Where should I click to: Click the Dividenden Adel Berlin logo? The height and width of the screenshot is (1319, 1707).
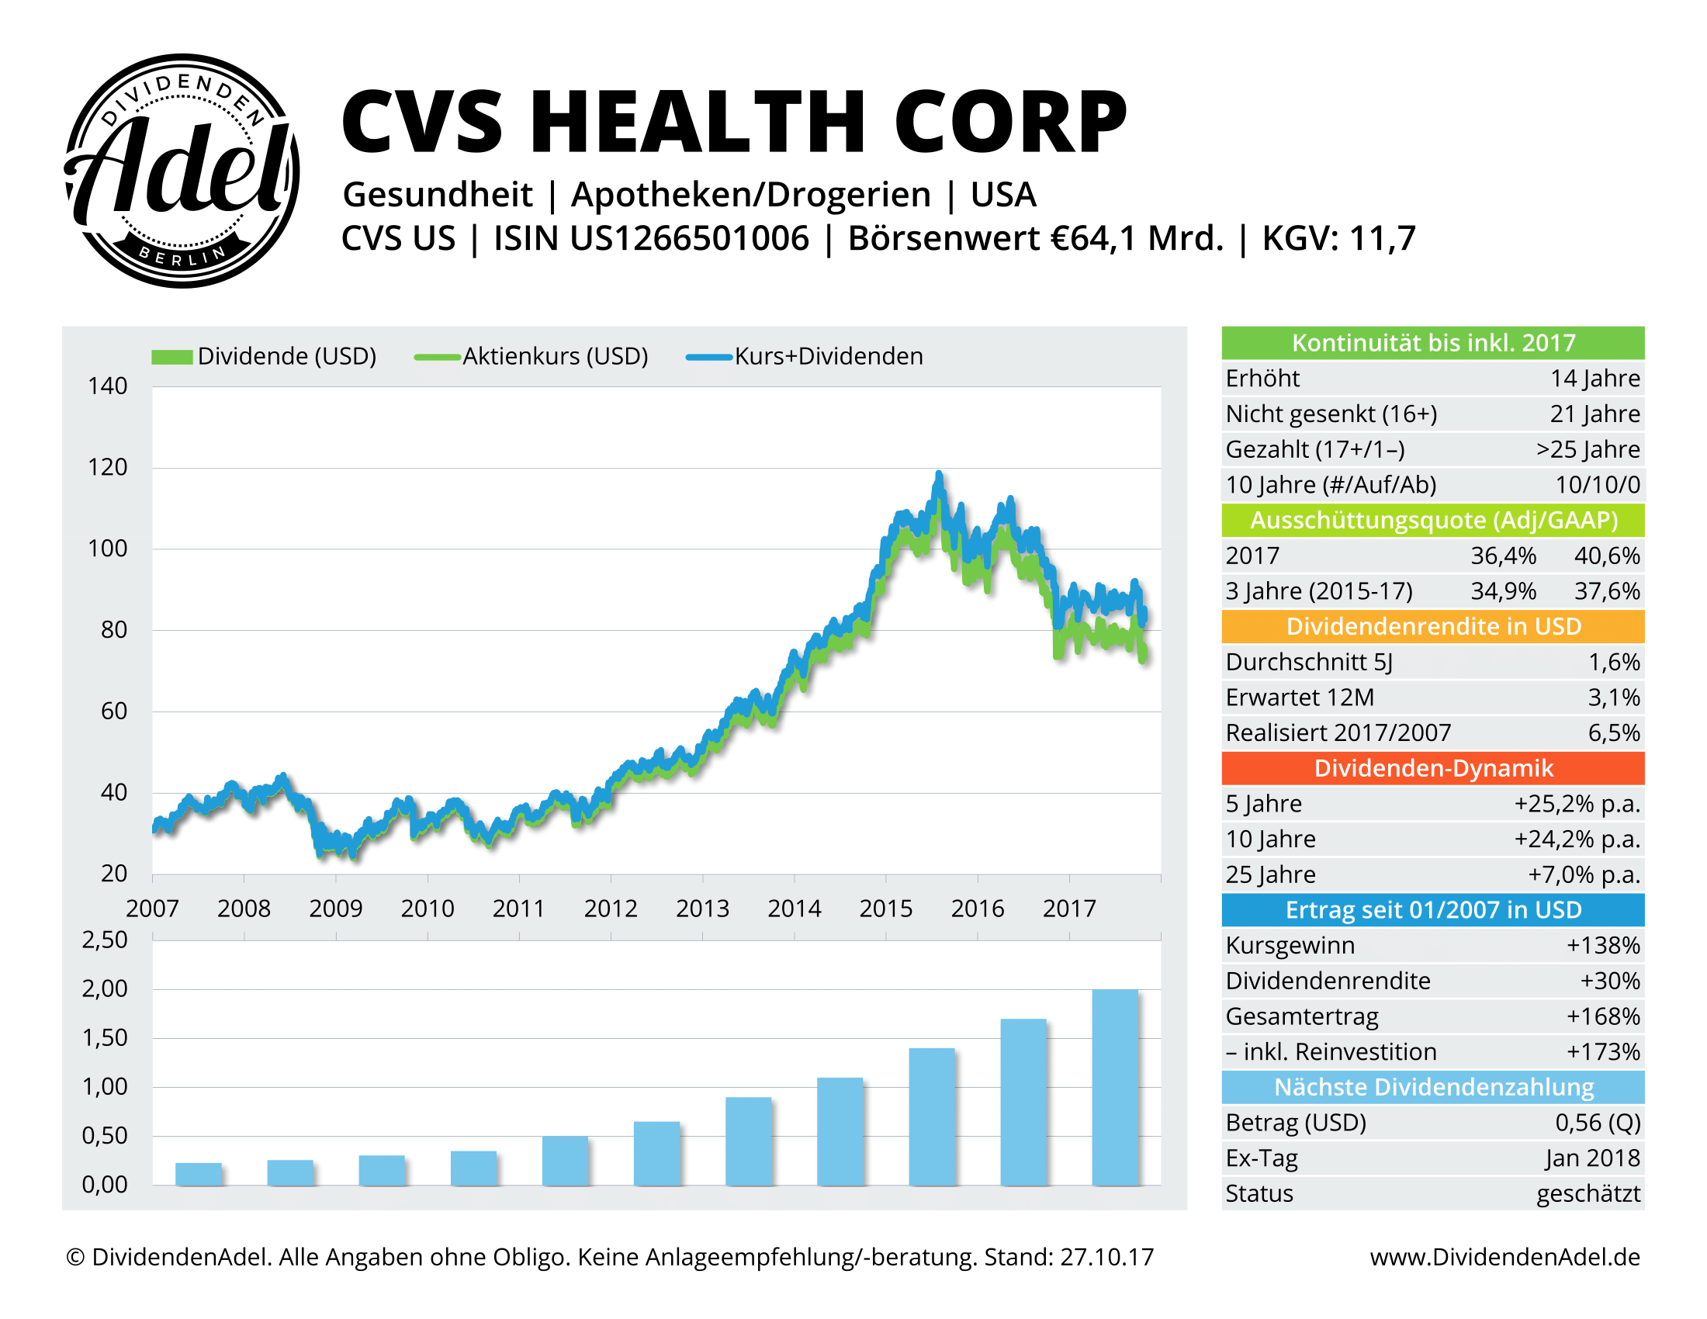pyautogui.click(x=182, y=171)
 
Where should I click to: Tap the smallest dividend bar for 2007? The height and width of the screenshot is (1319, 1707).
pyautogui.click(x=199, y=1174)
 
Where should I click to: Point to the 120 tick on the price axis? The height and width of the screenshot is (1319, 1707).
pyautogui.click(x=107, y=467)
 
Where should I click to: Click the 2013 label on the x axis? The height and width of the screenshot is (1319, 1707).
pyautogui.click(x=702, y=908)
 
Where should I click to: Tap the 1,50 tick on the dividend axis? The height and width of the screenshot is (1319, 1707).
pyautogui.click(x=105, y=1037)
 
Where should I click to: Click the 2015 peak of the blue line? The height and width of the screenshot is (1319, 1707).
pyautogui.click(x=939, y=475)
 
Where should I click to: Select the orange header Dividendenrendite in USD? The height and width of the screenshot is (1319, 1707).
pyautogui.click(x=1432, y=626)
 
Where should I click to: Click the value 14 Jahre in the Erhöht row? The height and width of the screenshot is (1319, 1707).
pyautogui.click(x=1594, y=378)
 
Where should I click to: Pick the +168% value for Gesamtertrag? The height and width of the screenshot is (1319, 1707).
pyautogui.click(x=1602, y=1016)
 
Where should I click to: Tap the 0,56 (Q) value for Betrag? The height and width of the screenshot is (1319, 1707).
pyautogui.click(x=1597, y=1122)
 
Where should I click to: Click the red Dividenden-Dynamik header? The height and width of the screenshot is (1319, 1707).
pyautogui.click(x=1432, y=768)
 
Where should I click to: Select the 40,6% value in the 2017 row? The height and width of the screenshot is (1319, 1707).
pyautogui.click(x=1606, y=556)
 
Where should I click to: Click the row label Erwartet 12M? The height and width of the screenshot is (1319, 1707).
pyautogui.click(x=1299, y=697)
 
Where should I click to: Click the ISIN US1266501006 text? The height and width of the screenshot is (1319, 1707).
pyautogui.click(x=651, y=238)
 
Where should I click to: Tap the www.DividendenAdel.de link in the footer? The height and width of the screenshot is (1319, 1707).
pyautogui.click(x=1504, y=1256)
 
